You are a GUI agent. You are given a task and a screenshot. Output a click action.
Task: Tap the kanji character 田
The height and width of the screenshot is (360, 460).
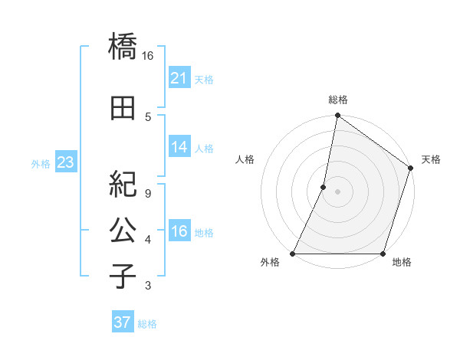tap(123, 109)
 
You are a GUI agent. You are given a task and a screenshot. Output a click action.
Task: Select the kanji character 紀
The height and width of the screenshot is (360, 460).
tap(123, 185)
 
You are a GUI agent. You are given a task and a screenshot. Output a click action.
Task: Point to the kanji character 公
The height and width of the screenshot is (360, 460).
tap(123, 230)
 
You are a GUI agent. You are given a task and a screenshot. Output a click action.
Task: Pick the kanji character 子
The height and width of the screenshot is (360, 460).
tap(123, 276)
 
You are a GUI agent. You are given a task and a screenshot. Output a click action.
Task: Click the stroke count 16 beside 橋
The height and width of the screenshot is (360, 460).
tap(148, 56)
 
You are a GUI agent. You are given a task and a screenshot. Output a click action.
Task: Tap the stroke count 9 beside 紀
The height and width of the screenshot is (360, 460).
tap(148, 194)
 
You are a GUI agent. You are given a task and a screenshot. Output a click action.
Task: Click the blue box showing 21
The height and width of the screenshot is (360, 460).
tap(179, 77)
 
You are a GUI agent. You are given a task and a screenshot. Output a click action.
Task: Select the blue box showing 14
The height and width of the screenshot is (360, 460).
tap(179, 147)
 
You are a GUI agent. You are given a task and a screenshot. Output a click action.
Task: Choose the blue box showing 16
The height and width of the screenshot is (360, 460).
tap(179, 231)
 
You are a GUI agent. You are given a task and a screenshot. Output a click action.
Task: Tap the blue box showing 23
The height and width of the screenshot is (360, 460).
tap(65, 162)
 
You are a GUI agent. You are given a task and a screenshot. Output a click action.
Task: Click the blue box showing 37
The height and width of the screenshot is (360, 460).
tap(123, 322)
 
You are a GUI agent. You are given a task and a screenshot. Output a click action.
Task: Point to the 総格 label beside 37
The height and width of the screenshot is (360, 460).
tap(147, 324)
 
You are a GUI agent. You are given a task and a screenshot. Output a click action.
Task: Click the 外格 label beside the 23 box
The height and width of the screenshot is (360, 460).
tap(41, 164)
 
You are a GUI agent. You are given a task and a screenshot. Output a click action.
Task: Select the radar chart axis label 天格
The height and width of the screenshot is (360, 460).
tap(431, 159)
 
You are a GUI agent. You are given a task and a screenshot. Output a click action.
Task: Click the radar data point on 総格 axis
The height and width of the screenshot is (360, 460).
tap(337, 116)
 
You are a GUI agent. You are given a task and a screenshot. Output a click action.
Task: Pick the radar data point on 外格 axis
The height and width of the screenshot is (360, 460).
tap(293, 254)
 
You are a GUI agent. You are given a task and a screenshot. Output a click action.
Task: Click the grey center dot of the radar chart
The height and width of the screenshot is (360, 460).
tap(337, 191)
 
